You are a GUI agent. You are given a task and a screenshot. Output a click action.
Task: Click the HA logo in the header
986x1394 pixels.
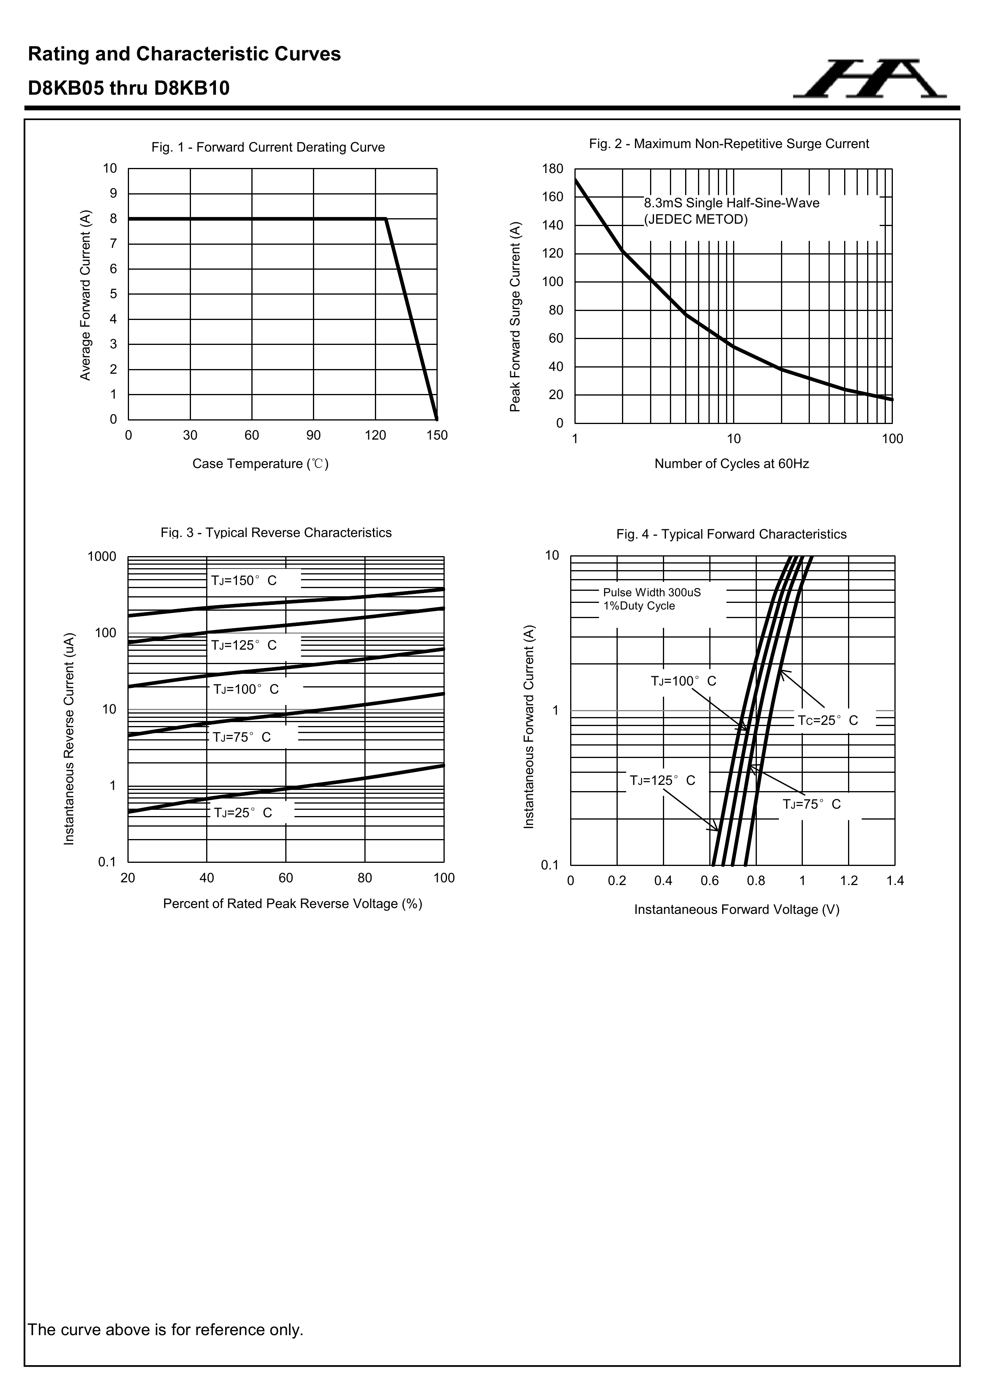point(869,79)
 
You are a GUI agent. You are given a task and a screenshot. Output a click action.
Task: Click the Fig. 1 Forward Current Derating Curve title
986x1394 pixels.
point(268,148)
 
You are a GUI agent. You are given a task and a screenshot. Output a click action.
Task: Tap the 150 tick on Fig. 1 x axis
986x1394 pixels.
point(437,435)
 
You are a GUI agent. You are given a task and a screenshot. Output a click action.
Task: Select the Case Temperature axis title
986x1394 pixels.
point(260,464)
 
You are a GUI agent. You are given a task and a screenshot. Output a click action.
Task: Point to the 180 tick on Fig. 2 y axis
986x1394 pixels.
point(553,169)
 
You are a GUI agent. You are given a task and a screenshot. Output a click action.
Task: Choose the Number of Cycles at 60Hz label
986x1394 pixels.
point(732,464)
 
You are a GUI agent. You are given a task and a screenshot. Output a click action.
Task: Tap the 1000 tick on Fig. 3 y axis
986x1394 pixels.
point(102,557)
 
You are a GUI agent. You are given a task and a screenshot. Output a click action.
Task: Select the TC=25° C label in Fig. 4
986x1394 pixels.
point(827,721)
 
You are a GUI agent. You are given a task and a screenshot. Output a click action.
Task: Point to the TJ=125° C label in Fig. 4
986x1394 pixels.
point(663,781)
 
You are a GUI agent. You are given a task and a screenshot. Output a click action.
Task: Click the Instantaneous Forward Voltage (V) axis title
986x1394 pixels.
point(737,910)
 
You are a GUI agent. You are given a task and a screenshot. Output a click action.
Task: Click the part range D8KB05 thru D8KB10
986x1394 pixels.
point(129,88)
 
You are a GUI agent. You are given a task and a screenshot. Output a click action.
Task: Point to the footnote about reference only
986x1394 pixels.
point(166,1330)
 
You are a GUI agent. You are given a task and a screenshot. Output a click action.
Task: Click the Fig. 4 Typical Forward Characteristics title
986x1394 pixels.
point(731,534)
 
